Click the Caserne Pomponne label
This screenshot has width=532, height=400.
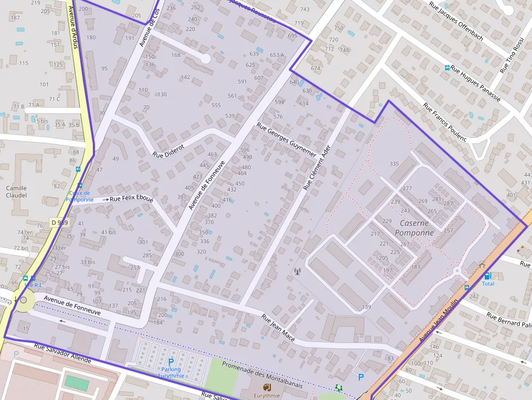pos(414,228)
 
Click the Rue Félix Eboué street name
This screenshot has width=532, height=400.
pos(131,199)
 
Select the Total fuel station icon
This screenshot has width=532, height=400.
pos(487,276)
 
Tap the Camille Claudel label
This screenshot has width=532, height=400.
pos(16,192)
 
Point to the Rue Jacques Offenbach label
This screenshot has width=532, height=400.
pos(456,21)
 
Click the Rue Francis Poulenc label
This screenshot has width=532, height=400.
pos(445,122)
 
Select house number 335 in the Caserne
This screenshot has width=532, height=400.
pos(394,164)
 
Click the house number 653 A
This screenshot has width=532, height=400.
pos(277,55)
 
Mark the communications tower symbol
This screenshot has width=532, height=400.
pos(297,271)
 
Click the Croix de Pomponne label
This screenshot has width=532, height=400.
pos(79,196)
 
